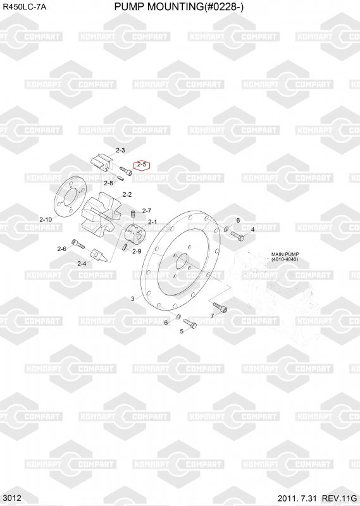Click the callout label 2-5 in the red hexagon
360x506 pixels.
pos(142,164)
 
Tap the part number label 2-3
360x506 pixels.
pos(120,150)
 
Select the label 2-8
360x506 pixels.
pos(108,183)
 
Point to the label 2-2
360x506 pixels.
pos(127,195)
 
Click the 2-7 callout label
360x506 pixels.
pos(147,211)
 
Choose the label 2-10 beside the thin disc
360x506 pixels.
pos(46,219)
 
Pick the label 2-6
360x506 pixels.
pos(61,249)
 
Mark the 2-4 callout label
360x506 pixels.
pos(82,264)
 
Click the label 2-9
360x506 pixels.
pos(137,251)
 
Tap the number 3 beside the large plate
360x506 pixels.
pos(133,299)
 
